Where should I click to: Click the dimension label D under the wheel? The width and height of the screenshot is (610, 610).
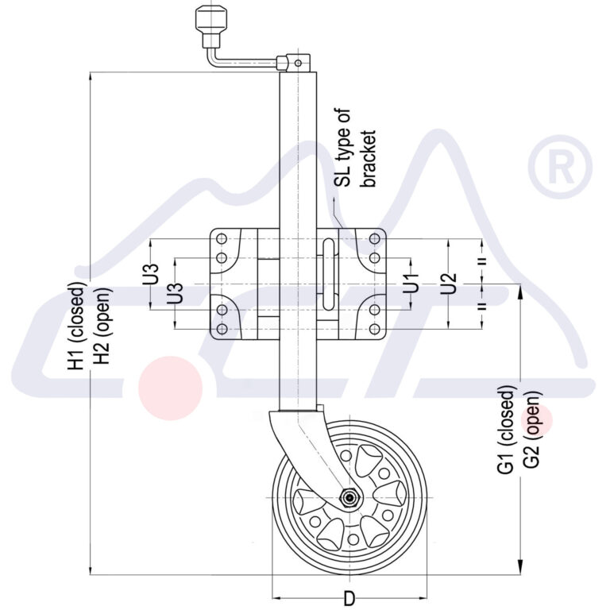pos(349,599)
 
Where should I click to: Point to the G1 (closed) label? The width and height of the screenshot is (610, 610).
pos(507,431)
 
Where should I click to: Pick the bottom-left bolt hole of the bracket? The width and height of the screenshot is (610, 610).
pos(222,328)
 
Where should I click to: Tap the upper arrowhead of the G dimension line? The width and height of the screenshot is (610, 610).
pos(519,293)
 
